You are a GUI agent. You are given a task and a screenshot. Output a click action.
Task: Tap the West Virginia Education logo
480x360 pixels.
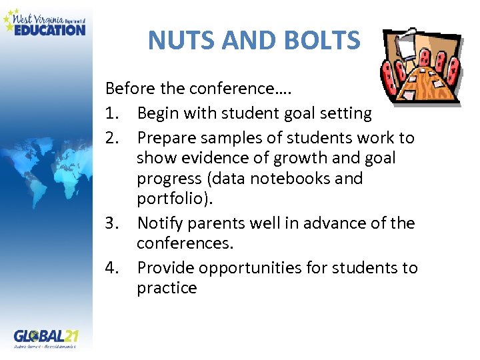tap(45, 22)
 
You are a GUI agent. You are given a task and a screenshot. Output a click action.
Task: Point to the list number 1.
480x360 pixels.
tap(112, 113)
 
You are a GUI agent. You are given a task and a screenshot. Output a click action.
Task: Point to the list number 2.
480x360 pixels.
tap(113, 138)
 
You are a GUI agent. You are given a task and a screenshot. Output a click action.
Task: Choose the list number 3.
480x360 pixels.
tap(113, 223)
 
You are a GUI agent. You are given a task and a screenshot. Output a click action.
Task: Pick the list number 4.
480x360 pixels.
tap(113, 268)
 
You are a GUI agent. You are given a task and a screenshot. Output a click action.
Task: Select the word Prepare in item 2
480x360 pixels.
tap(165, 138)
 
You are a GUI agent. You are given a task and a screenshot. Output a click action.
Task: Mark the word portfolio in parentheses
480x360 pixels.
tap(167, 199)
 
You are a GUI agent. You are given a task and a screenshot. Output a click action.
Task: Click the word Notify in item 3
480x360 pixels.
tap(158, 223)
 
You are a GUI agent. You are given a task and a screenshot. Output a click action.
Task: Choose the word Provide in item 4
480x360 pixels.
tap(163, 268)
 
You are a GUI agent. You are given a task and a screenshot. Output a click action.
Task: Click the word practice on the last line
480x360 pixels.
tap(167, 289)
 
